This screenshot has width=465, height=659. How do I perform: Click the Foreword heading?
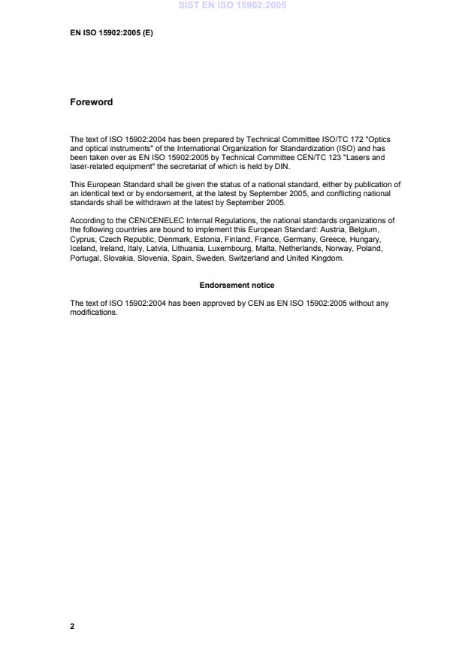(x=91, y=102)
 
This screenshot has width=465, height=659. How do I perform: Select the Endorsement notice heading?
(x=237, y=286)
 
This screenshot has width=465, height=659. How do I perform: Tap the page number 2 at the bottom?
(x=72, y=626)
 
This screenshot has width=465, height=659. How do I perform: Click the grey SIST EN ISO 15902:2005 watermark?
(x=232, y=6)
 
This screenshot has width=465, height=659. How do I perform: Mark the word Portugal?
(x=83, y=258)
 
